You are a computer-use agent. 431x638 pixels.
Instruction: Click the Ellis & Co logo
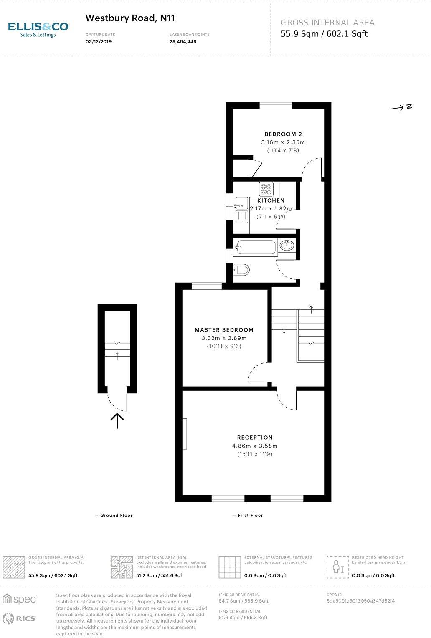(x=38, y=29)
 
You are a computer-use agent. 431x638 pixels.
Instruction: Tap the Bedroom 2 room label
(x=283, y=134)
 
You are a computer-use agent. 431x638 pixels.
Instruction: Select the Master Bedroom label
(x=224, y=330)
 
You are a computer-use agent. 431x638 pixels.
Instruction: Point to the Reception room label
(x=255, y=438)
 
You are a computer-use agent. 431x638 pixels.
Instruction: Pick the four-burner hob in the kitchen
(x=266, y=189)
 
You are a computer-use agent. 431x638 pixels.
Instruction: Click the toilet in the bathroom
(x=242, y=270)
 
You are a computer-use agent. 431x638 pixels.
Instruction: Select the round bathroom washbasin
(x=286, y=246)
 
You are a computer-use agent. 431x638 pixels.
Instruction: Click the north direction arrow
(x=401, y=107)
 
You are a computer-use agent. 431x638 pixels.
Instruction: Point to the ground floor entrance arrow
(x=117, y=420)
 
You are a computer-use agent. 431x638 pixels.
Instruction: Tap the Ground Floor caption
(x=114, y=516)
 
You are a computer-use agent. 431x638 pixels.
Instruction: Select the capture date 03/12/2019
(x=99, y=42)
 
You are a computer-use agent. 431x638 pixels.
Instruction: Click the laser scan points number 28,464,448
(x=183, y=42)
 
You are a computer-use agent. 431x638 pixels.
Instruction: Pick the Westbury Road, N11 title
(x=130, y=18)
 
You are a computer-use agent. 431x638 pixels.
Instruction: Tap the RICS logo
(x=19, y=618)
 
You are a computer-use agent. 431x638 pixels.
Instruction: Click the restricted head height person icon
(x=337, y=567)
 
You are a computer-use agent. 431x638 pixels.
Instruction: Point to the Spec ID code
(x=360, y=601)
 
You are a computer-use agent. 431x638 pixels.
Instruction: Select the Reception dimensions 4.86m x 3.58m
(x=255, y=446)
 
